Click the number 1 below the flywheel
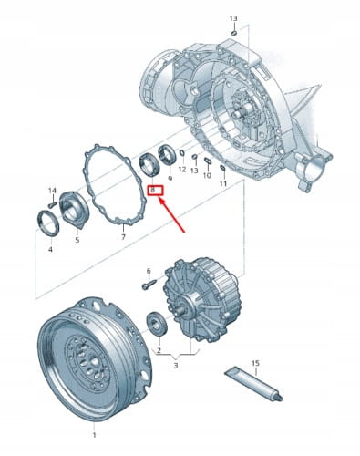point(94,435)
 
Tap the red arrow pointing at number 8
point(172,214)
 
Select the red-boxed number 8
point(155,191)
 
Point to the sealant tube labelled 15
point(253,385)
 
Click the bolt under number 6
point(149,285)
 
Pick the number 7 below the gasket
point(123,237)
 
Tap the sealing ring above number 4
point(48,223)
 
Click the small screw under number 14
point(53,204)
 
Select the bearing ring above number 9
point(167,156)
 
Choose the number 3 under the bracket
point(176,366)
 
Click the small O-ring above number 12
point(182,153)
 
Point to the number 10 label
point(207,175)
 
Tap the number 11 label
point(223,183)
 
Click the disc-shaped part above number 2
point(157,324)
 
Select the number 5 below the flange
point(77,240)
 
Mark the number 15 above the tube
point(255,363)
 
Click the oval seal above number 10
point(208,161)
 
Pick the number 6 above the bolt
point(149,271)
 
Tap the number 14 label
point(52,191)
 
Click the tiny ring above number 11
point(222,167)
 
